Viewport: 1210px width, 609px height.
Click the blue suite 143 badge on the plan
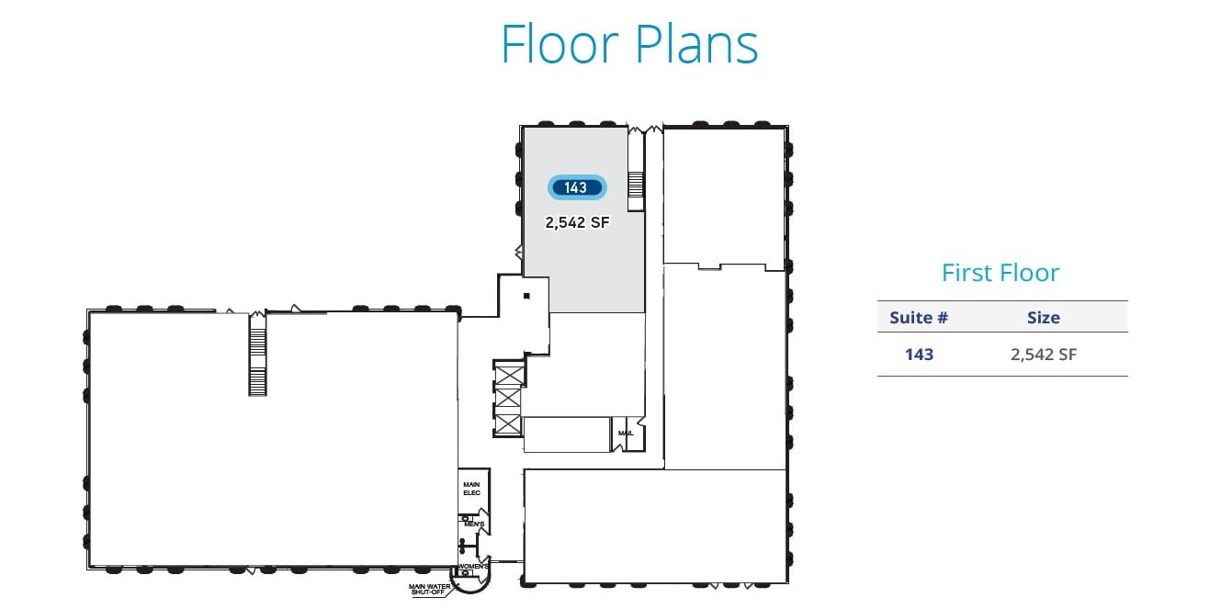coord(576,187)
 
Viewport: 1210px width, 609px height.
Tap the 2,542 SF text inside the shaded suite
coord(577,221)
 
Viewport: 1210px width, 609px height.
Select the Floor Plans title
coord(629,43)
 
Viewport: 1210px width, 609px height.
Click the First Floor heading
coord(1000,273)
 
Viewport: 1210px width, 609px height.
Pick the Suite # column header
coord(919,318)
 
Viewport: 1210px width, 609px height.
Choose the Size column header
coord(1043,318)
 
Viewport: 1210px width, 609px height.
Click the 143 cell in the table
coord(919,355)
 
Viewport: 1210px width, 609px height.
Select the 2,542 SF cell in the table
coord(1043,355)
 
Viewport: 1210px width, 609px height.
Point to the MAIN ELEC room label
coord(472,489)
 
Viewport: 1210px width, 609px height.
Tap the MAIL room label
coord(626,433)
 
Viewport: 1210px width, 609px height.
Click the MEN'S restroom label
coord(474,524)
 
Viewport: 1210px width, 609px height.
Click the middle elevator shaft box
coord(507,400)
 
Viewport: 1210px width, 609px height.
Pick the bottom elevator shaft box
coord(507,424)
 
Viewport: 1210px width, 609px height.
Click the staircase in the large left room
coord(257,354)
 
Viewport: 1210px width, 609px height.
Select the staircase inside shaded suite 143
coord(635,183)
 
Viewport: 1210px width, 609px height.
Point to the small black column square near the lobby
coord(526,296)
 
